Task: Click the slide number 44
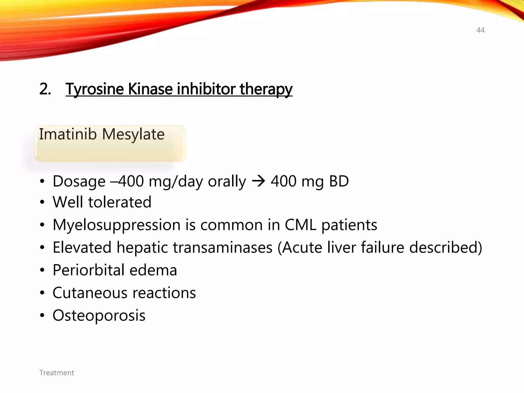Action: (480, 30)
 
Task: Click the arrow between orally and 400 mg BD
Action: (258, 181)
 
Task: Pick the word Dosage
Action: (79, 181)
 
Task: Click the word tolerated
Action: (120, 202)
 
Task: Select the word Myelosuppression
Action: (116, 225)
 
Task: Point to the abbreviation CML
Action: (301, 225)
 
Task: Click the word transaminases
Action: (223, 247)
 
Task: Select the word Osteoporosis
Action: (99, 315)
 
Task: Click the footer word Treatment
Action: (57, 373)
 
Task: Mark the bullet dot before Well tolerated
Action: (42, 202)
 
